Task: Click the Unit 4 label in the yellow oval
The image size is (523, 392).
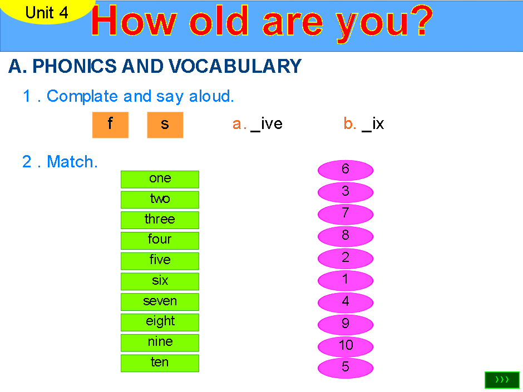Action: pyautogui.click(x=47, y=12)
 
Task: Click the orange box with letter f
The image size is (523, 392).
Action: pyautogui.click(x=110, y=125)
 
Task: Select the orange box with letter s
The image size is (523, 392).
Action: pyautogui.click(x=165, y=125)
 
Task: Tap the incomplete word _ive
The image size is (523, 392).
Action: pyautogui.click(x=267, y=124)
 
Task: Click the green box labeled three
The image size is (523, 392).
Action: pyautogui.click(x=160, y=220)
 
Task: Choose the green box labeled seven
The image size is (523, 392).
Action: pyautogui.click(x=160, y=301)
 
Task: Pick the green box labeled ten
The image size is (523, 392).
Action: pyautogui.click(x=160, y=363)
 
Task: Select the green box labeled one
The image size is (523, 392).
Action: pyautogui.click(x=160, y=178)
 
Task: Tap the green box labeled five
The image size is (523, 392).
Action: pyautogui.click(x=160, y=260)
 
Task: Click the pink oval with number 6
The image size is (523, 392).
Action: pyautogui.click(x=346, y=170)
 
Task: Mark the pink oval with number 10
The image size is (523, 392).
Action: pyautogui.click(x=346, y=346)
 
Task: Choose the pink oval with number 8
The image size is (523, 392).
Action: pyautogui.click(x=346, y=236)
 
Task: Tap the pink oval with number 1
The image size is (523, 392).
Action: pyautogui.click(x=346, y=280)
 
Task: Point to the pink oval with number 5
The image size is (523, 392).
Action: pyautogui.click(x=346, y=368)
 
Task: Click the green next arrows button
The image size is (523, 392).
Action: pyautogui.click(x=502, y=380)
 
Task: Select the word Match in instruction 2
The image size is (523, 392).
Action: pyautogui.click(x=72, y=162)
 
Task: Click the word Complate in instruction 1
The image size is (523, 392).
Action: pyautogui.click(x=82, y=96)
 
